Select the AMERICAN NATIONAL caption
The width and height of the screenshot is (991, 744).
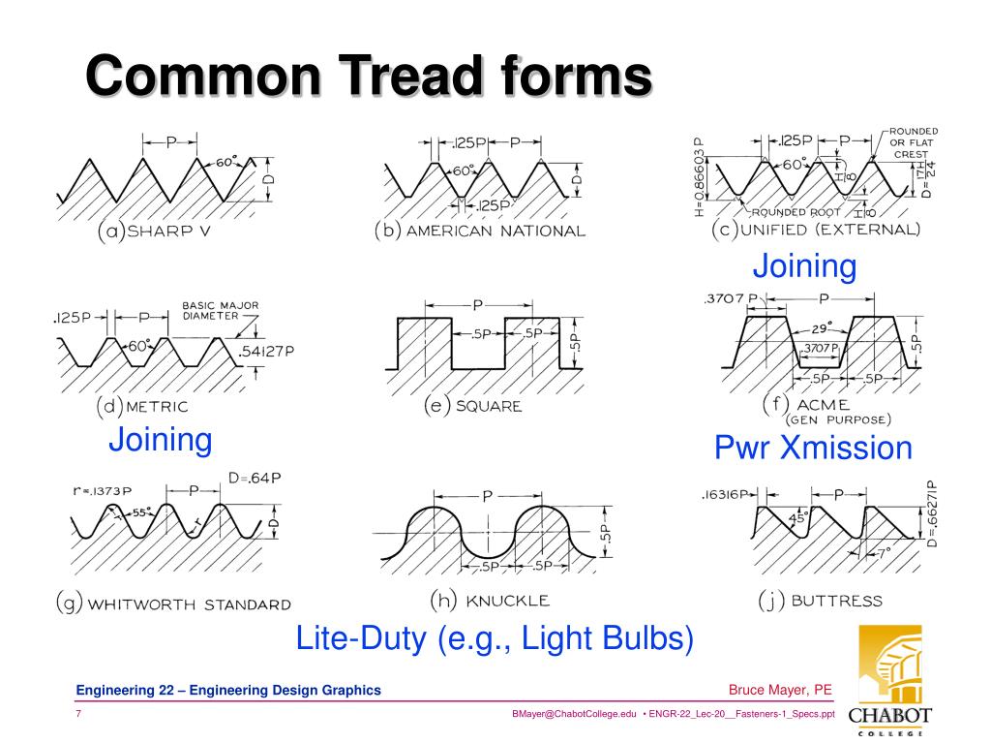pyautogui.click(x=480, y=232)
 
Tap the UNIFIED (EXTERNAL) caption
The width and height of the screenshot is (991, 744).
pyautogui.click(x=815, y=230)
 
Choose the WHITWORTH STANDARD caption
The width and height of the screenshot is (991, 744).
pyautogui.click(x=172, y=604)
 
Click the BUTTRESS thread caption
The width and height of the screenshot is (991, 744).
pyautogui.click(x=820, y=601)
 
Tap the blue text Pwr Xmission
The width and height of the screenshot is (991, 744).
pyautogui.click(x=813, y=448)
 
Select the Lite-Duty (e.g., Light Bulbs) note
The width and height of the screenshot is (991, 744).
pyautogui.click(x=495, y=638)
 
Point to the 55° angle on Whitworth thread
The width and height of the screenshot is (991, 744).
pyautogui.click(x=142, y=513)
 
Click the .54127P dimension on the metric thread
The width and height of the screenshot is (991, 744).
pyautogui.click(x=266, y=351)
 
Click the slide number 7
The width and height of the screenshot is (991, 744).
pyautogui.click(x=77, y=714)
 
